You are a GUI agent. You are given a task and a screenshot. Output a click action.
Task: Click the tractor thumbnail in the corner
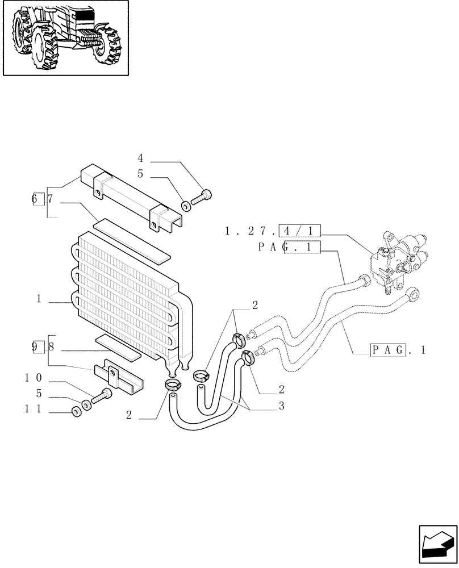65,38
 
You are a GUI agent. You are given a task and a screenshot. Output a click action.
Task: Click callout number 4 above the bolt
140,157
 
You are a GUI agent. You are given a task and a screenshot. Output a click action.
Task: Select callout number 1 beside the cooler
39,299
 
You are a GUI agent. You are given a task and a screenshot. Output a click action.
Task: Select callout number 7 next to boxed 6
50,199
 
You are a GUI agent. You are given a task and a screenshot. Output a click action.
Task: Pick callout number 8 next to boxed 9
51,345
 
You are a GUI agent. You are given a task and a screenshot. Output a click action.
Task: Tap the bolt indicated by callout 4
202,198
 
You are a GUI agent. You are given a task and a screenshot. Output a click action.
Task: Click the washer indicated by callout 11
76,412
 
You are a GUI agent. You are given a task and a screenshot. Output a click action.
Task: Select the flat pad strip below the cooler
118,348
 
